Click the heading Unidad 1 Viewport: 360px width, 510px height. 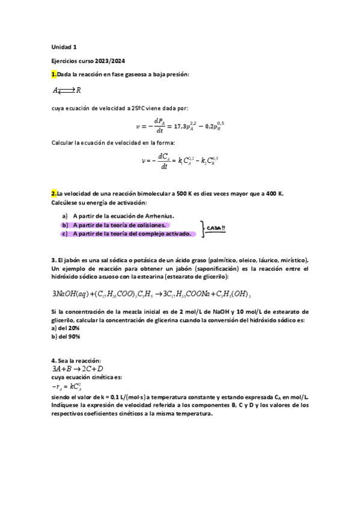pos(64,46)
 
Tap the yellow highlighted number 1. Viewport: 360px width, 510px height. pos(54,74)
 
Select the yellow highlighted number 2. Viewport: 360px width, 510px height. pos(54,194)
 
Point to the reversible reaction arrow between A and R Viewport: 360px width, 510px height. pos(67,91)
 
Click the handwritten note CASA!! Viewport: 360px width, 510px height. pos(216,227)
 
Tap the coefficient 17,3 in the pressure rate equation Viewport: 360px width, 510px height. pos(180,126)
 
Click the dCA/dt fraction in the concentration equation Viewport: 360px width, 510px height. pos(162,160)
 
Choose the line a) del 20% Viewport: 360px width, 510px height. pos(66,328)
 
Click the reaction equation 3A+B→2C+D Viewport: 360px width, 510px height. pos(78,369)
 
